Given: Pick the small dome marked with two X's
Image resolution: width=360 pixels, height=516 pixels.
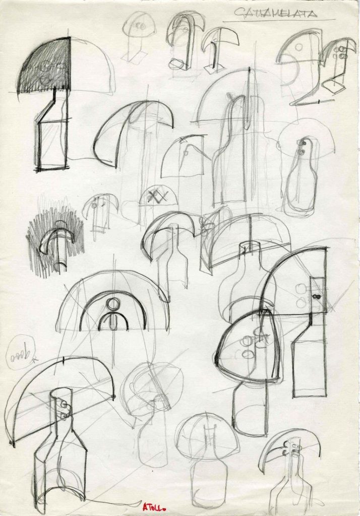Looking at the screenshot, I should [x=158, y=197].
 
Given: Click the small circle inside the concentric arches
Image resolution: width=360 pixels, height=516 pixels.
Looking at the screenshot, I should [x=113, y=304].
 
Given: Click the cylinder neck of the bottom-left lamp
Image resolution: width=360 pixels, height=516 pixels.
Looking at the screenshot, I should [x=61, y=408].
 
